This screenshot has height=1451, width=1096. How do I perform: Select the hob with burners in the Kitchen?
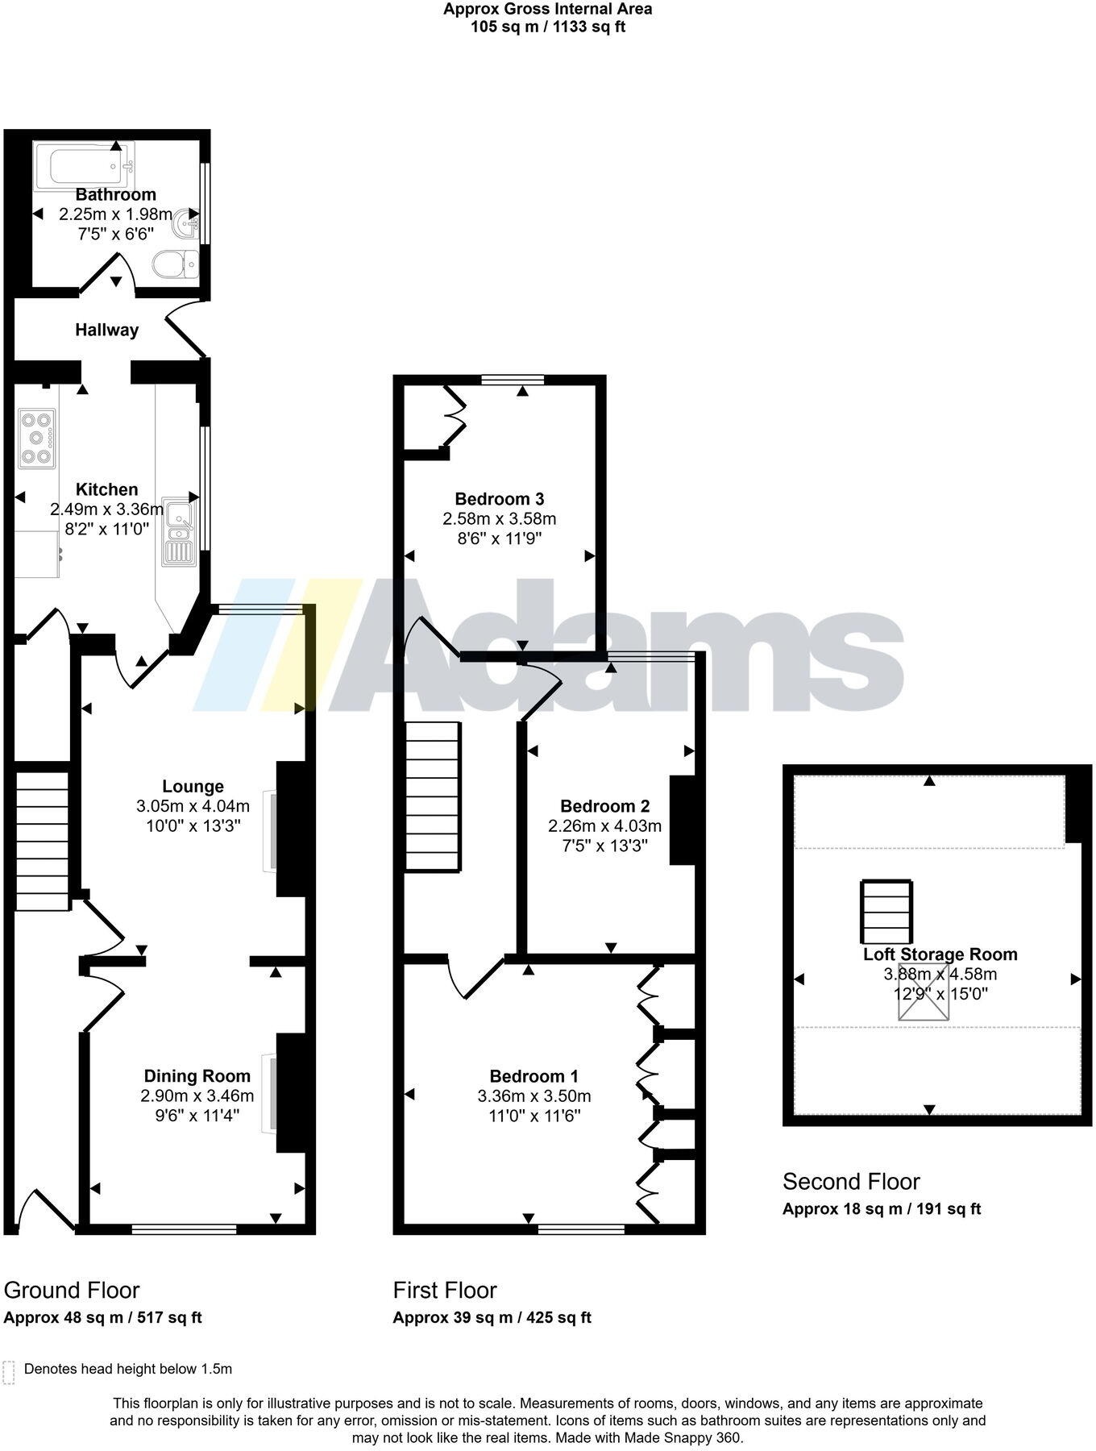37,439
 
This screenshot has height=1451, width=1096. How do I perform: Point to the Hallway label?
106,330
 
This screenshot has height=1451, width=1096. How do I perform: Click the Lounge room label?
193,786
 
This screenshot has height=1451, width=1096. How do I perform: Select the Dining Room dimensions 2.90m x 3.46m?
197,1096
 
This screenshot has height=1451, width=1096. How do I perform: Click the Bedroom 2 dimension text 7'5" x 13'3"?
604,845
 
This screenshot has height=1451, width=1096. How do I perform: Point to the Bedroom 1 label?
533,1076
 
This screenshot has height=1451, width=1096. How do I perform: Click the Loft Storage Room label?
940,954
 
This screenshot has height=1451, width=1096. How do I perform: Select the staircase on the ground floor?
42,840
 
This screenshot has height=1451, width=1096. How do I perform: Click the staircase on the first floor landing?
432,796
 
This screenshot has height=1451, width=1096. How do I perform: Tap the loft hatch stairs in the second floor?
886,912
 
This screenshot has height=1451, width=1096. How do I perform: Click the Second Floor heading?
851,1182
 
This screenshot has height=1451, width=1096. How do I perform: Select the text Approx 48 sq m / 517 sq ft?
102,1318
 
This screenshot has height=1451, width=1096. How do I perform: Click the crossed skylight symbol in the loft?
924,992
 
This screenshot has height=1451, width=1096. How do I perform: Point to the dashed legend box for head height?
9,1372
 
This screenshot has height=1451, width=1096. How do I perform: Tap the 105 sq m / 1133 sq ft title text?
548,27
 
